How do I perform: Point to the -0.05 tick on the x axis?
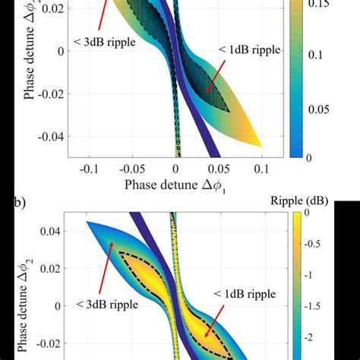133,169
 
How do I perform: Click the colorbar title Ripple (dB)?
307,202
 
